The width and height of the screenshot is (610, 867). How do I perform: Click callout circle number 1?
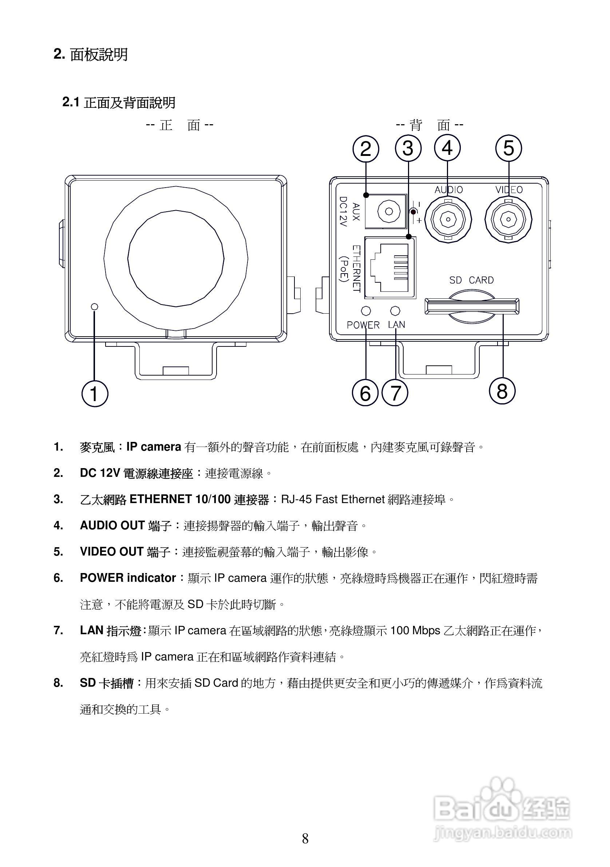(x=95, y=393)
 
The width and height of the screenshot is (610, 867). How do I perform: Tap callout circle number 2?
(x=365, y=149)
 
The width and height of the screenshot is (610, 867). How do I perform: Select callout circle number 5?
(x=508, y=148)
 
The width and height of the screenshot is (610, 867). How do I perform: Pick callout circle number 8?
(x=502, y=391)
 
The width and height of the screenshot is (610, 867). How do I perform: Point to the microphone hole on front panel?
(x=95, y=306)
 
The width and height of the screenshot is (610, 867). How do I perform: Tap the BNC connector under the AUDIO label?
(x=448, y=219)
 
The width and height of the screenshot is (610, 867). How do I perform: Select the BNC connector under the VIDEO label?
(x=508, y=219)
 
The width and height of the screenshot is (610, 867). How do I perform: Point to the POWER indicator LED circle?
(x=365, y=310)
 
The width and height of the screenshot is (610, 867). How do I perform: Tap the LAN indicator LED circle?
(x=395, y=310)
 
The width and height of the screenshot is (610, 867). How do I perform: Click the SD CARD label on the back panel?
(x=471, y=280)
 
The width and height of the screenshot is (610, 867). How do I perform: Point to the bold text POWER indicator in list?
(x=127, y=578)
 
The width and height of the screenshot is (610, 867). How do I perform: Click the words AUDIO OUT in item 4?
(x=112, y=526)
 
